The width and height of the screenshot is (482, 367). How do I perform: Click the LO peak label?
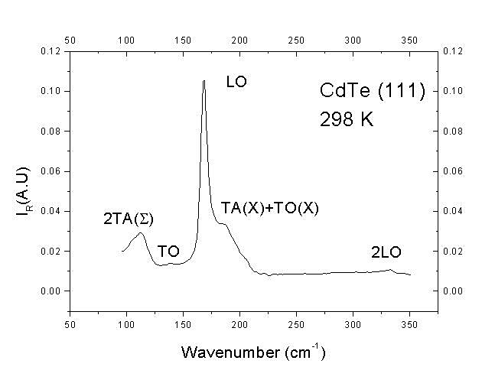click(236, 82)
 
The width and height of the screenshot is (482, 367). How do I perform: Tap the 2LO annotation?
click(386, 252)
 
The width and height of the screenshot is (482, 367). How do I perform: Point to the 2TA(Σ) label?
click(129, 219)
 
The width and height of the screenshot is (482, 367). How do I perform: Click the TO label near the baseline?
click(168, 252)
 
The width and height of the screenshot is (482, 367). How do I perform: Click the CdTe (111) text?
click(372, 92)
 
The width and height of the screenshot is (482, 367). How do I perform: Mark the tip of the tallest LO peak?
click(204, 80)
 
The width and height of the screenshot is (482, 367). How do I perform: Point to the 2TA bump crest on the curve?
click(141, 233)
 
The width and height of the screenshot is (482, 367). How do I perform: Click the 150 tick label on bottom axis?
click(183, 313)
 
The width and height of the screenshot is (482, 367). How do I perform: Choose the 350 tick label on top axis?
click(409, 39)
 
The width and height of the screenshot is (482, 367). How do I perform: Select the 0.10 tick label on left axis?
click(51, 91)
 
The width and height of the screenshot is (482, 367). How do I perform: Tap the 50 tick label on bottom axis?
click(70, 313)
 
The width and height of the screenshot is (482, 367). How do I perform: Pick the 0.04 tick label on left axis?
click(51, 211)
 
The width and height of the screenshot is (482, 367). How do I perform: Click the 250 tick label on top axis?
click(296, 39)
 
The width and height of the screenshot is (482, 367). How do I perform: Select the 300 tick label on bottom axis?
click(353, 313)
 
